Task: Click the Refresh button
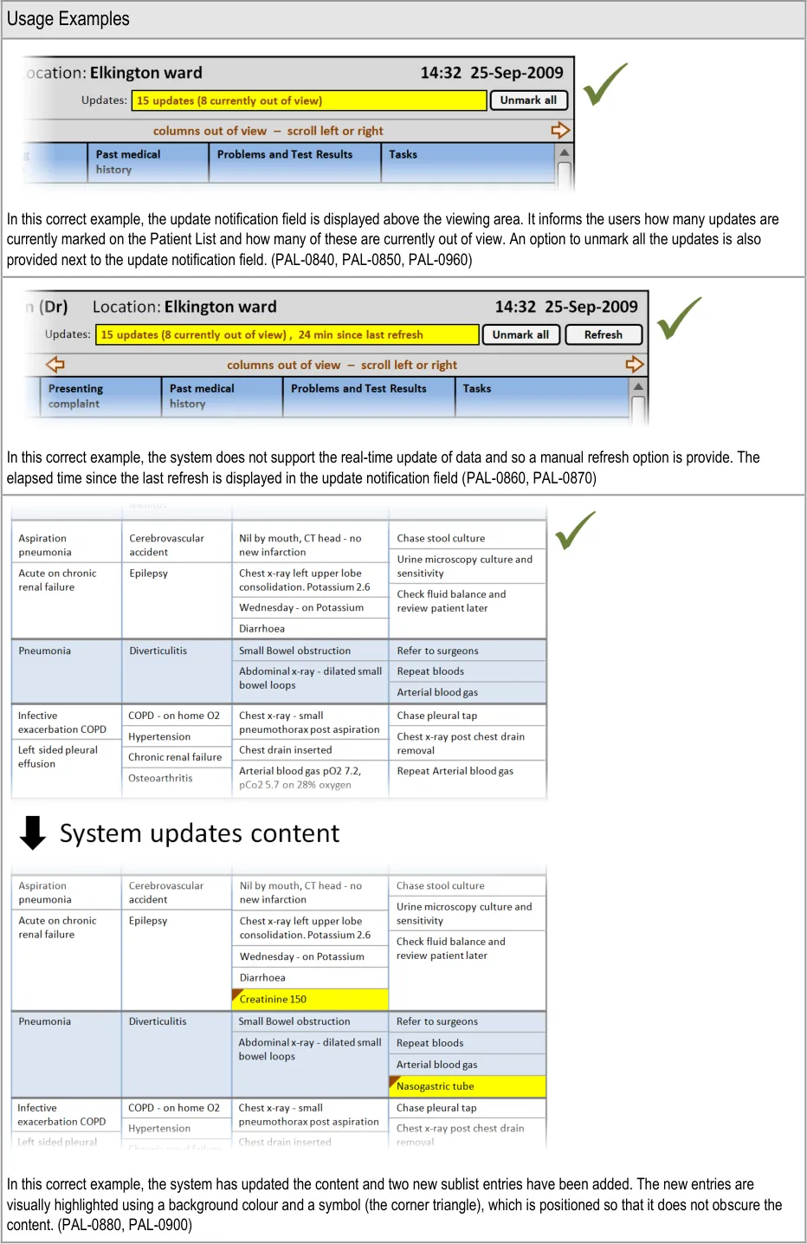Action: (603, 334)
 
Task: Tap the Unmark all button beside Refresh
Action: (520, 334)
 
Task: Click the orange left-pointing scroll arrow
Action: (55, 364)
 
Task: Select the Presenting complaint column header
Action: (100, 396)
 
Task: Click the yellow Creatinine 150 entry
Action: (310, 999)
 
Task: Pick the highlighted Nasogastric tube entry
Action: (468, 1086)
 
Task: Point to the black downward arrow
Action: (32, 833)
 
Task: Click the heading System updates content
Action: (199, 833)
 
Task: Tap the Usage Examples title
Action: (68, 19)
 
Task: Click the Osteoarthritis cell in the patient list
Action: (160, 778)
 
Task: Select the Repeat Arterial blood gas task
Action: (455, 771)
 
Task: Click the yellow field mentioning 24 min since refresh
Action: (287, 334)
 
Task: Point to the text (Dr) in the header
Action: (55, 307)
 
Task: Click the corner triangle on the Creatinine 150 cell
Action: (236, 995)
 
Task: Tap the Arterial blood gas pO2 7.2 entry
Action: (300, 771)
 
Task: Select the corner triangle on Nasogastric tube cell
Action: (394, 1081)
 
